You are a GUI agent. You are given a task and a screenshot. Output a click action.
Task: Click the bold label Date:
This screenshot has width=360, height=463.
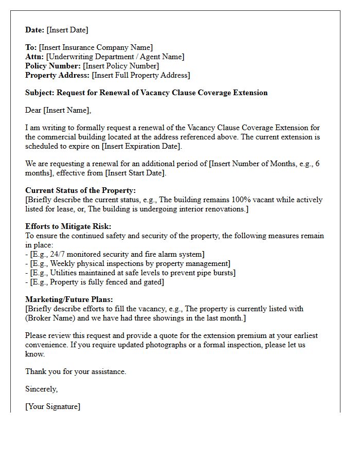35,30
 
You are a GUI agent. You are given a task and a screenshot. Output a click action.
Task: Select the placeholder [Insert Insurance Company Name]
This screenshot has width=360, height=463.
96,48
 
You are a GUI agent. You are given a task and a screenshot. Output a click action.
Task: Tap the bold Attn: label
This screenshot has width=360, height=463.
34,57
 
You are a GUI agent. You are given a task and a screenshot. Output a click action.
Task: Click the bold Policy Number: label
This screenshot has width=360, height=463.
53,66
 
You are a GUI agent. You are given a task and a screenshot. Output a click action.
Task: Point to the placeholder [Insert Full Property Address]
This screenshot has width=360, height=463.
140,75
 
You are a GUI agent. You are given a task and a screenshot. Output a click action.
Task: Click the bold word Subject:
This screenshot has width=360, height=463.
40,93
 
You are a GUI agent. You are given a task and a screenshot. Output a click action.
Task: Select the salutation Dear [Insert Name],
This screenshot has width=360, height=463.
58,110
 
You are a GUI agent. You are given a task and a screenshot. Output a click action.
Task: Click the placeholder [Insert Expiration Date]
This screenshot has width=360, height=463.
141,146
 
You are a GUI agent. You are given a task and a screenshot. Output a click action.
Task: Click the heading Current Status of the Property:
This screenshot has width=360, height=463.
80,191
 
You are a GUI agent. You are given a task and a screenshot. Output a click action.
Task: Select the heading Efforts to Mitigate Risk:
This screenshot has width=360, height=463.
68,227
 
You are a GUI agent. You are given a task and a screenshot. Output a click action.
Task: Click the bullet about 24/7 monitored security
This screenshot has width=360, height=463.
115,254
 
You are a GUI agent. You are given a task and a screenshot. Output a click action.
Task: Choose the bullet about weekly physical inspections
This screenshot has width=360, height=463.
128,263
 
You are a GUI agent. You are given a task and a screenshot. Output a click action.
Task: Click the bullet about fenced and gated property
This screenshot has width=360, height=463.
95,282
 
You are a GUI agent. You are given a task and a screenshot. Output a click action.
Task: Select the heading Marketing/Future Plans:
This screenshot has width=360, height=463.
69,300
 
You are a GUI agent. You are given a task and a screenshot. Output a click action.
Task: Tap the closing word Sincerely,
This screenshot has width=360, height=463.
41,389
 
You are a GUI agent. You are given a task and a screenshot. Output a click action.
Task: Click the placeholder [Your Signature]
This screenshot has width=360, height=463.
52,407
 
